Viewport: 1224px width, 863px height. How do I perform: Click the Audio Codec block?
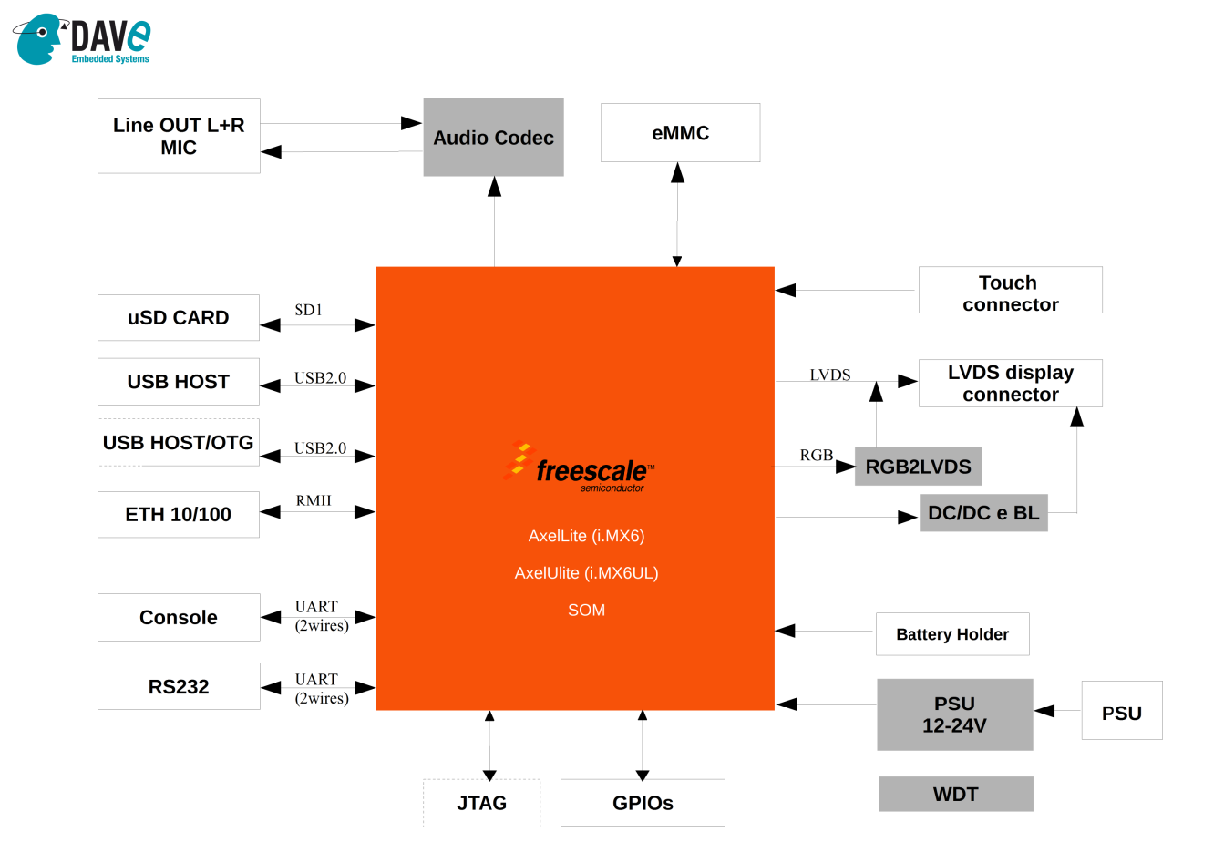click(x=493, y=138)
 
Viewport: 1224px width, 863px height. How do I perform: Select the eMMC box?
click(x=680, y=133)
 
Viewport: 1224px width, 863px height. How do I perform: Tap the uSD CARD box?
click(x=179, y=318)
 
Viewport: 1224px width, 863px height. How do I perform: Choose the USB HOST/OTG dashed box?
click(x=179, y=443)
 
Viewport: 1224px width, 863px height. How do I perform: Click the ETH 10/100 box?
click(x=179, y=515)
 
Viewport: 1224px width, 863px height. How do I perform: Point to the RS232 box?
click(x=179, y=687)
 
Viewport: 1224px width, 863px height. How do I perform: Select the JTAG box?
click(x=481, y=803)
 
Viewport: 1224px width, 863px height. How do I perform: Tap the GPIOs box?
click(x=643, y=803)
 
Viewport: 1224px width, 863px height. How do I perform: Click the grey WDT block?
click(x=955, y=794)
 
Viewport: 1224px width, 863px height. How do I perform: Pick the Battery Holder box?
click(x=952, y=634)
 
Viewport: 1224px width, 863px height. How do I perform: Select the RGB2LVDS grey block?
click(x=918, y=467)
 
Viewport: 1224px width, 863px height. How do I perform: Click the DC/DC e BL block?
click(x=983, y=513)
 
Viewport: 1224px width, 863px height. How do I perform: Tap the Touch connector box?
click(x=1010, y=291)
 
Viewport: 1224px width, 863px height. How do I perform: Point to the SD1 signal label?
click(x=308, y=310)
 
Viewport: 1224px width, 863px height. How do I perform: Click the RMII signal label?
click(x=314, y=500)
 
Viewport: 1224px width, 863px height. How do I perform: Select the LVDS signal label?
click(x=829, y=375)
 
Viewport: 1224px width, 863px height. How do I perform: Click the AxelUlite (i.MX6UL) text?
click(x=586, y=573)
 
